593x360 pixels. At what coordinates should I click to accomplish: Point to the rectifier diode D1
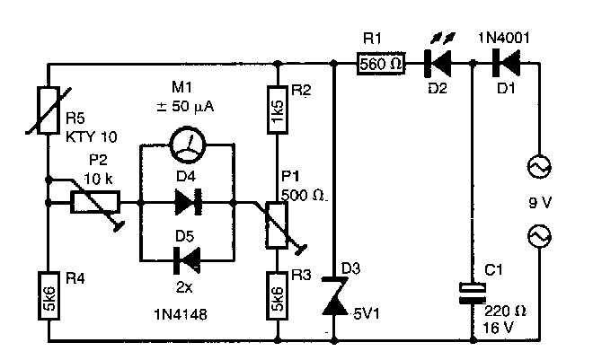pyautogui.click(x=500, y=65)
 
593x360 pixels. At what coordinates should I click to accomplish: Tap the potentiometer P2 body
pyautogui.click(x=95, y=205)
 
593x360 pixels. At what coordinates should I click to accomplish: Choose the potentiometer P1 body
pyautogui.click(x=279, y=221)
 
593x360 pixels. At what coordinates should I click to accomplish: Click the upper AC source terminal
pyautogui.click(x=544, y=168)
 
